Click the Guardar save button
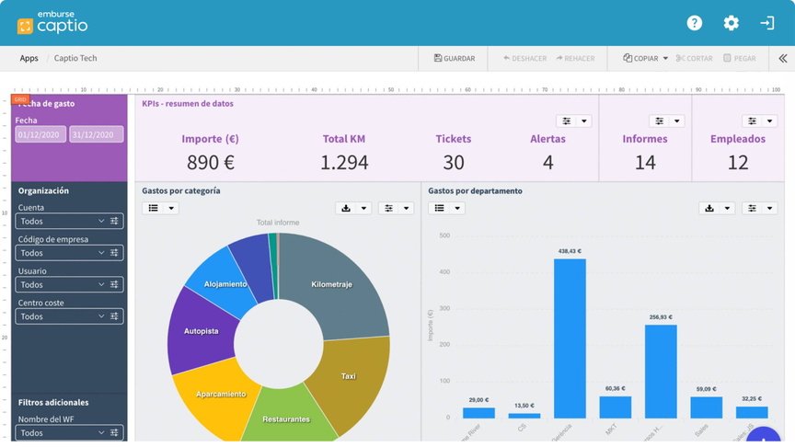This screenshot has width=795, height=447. [454, 58]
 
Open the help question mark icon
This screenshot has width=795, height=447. [695, 23]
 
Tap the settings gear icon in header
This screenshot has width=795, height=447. [732, 23]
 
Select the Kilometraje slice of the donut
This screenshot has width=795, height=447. [332, 285]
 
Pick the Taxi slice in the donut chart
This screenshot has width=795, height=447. [348, 375]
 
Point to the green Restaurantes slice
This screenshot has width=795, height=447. [285, 418]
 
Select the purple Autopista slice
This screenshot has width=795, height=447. [201, 331]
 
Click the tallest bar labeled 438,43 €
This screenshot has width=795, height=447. [570, 338]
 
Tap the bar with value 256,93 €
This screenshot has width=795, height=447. [661, 372]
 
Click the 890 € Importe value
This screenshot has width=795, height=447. [210, 163]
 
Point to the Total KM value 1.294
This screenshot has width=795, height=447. [344, 163]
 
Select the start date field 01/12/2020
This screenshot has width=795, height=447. [40, 134]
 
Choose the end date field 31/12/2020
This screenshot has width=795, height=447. [96, 134]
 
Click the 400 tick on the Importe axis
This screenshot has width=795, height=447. [444, 271]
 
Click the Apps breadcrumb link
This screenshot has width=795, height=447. [29, 58]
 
